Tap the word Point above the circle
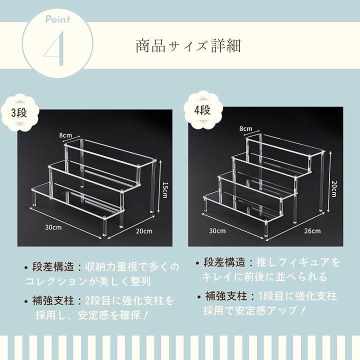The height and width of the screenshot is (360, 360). (57, 19)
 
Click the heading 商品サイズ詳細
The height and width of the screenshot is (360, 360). (188, 45)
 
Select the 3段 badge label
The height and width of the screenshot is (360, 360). (19, 113)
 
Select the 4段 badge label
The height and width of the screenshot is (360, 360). (202, 110)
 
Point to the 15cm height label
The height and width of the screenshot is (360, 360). (165, 189)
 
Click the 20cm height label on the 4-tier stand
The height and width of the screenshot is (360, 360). (334, 188)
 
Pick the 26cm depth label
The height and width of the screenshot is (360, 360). (312, 230)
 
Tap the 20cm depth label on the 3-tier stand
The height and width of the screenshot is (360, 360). (144, 230)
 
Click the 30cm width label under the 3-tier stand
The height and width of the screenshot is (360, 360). (53, 227)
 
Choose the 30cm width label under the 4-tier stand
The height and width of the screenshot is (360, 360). (217, 230)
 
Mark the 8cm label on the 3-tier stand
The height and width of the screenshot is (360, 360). (65, 135)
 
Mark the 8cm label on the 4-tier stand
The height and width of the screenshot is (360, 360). (245, 128)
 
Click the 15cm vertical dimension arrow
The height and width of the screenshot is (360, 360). (158, 186)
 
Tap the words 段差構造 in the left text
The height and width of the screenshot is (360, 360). (53, 267)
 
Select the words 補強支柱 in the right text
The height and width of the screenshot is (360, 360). (226, 296)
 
